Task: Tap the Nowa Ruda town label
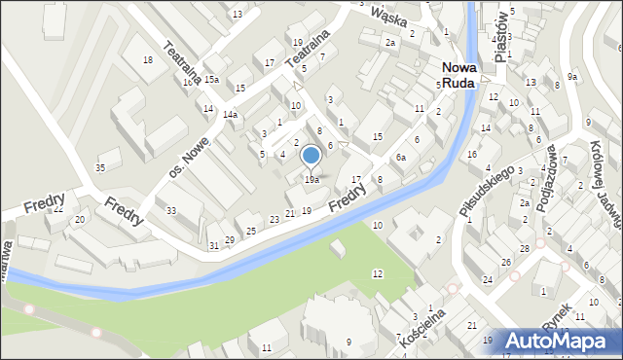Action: pyautogui.click(x=458, y=76)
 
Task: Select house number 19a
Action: pyautogui.click(x=311, y=179)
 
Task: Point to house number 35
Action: pyautogui.click(x=99, y=168)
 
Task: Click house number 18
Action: pyautogui.click(x=147, y=60)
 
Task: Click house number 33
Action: pyautogui.click(x=171, y=211)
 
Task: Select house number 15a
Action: pyautogui.click(x=211, y=80)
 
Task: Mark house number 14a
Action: pyautogui.click(x=230, y=115)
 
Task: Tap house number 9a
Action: pyautogui.click(x=573, y=76)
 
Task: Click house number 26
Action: pyautogui.click(x=506, y=263)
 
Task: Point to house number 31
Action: pyautogui.click(x=214, y=245)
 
